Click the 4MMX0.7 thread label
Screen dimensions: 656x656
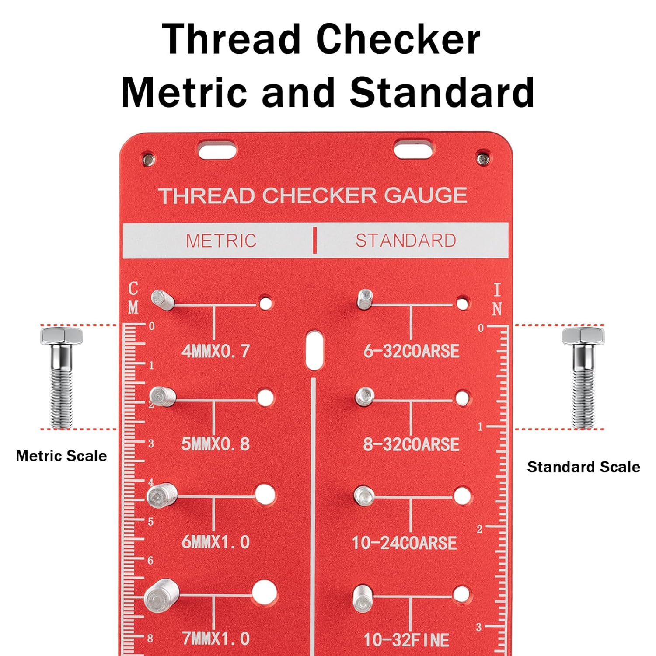coord(216,351)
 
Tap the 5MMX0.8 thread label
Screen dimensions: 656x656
coord(216,444)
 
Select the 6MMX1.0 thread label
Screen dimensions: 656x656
coord(216,542)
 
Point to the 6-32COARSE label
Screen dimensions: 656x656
coord(411,351)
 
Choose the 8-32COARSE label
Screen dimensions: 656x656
coord(411,444)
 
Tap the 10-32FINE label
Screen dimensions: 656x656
coord(406,640)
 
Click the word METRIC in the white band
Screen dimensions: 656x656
coord(221,241)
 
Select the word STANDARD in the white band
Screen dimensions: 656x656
coord(405,241)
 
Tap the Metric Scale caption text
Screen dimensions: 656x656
coord(61,456)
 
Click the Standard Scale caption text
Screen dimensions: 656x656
coord(583,467)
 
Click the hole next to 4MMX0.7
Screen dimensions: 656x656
coord(265,303)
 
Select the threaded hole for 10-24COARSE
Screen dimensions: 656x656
coord(462,496)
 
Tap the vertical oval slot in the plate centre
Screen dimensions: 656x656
coord(314,350)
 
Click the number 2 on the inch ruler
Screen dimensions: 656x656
coord(480,529)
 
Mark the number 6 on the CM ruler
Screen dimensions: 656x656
coord(150,560)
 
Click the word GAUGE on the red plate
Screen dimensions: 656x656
coord(426,195)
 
